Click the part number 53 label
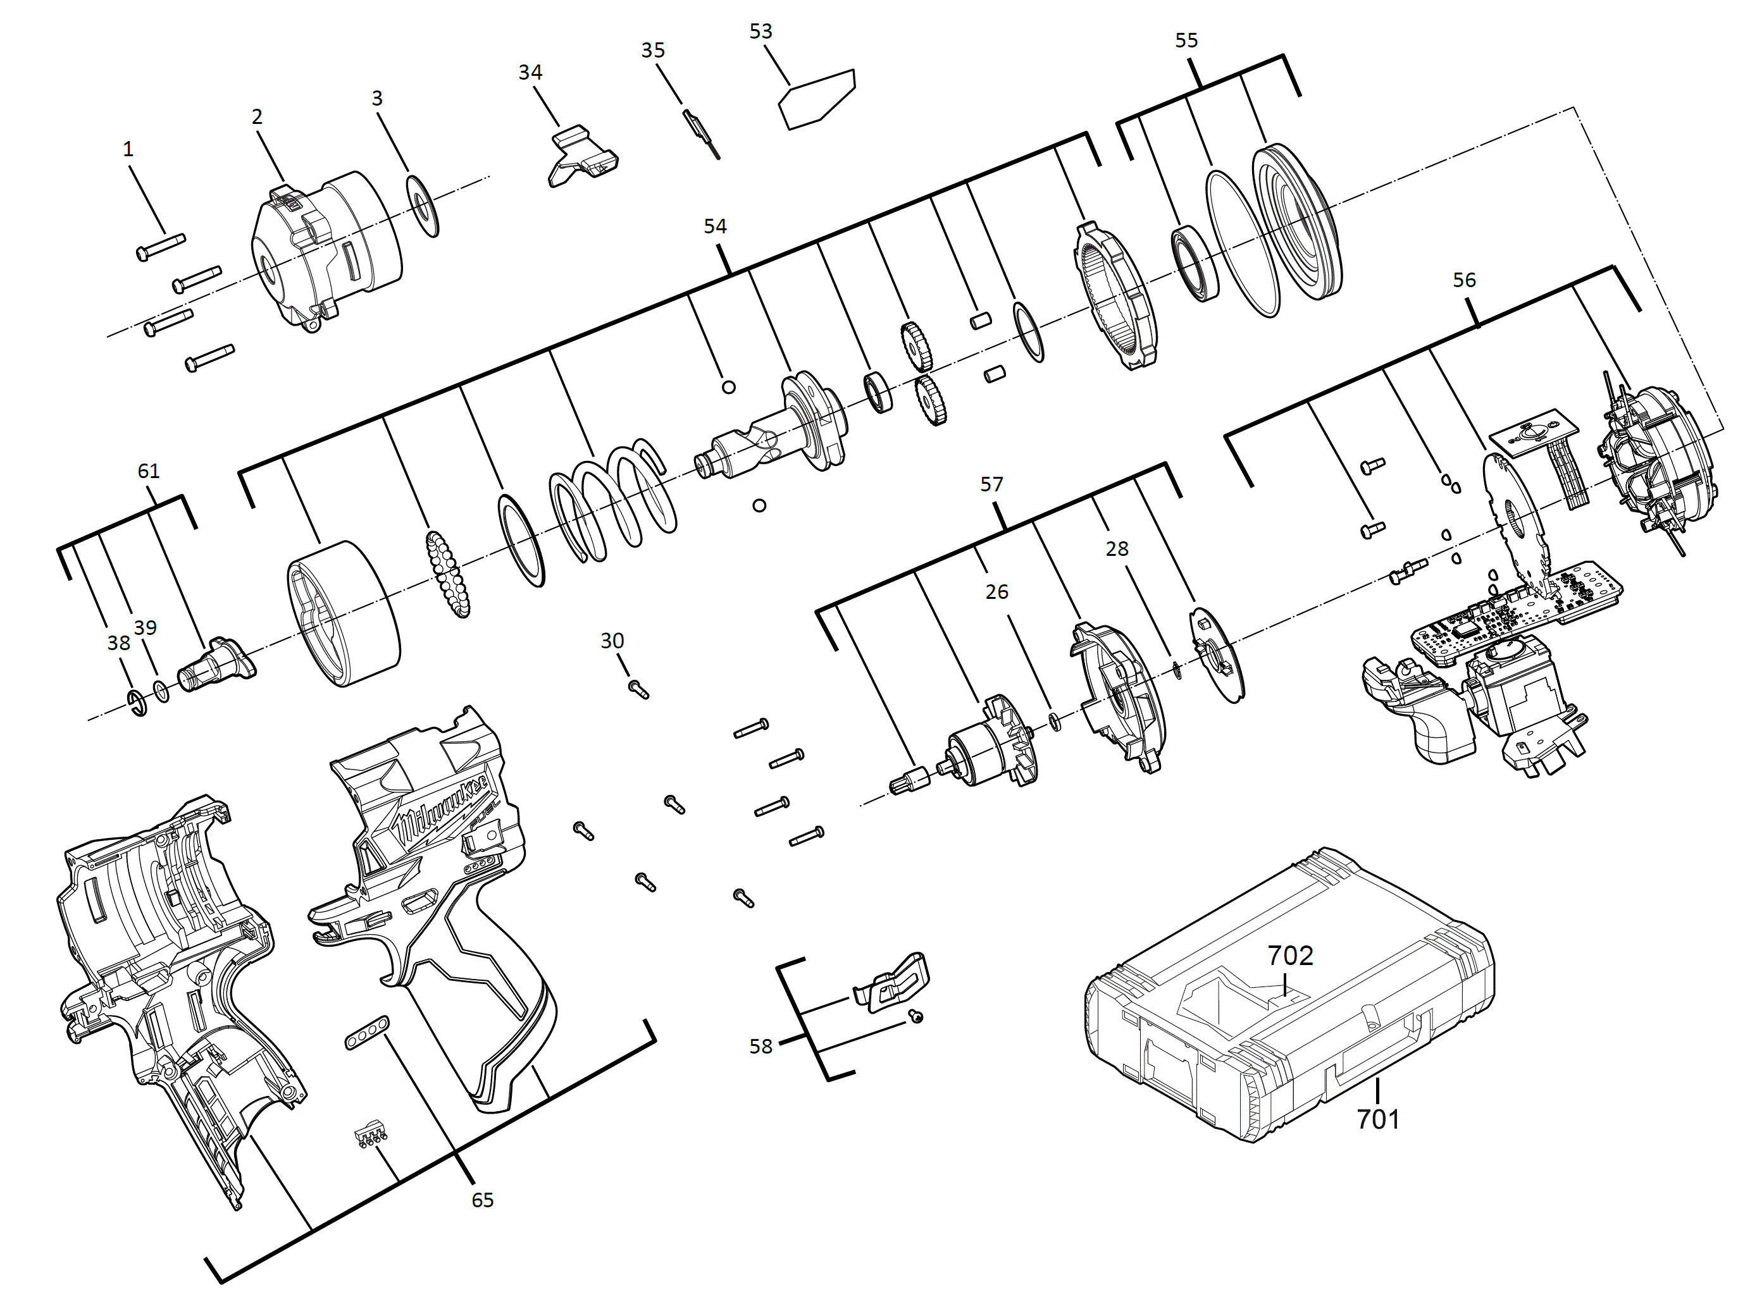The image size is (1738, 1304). coord(760,32)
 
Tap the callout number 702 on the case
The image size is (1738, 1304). coord(1290,956)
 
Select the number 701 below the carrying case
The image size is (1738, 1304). coord(1377,1119)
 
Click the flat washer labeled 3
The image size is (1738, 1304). coord(423,206)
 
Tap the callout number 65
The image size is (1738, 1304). coord(483,1200)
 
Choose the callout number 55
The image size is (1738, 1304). coord(1186,40)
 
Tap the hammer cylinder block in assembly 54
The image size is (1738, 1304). coord(344,614)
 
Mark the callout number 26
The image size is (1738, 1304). coord(996,591)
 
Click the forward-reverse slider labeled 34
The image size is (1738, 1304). coord(581,157)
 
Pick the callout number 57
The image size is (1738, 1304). coord(991,484)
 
